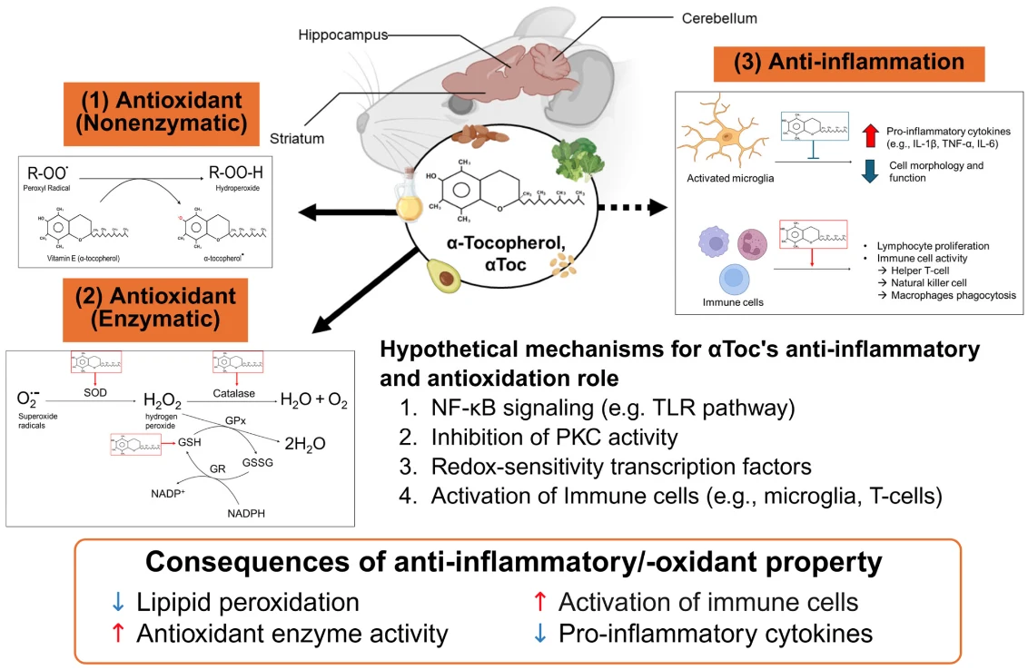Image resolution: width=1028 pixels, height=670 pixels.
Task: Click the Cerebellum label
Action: pyautogui.click(x=719, y=18)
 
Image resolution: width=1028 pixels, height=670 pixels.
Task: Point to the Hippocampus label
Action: pyautogui.click(x=343, y=35)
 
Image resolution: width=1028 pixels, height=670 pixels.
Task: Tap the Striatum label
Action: pyautogui.click(x=297, y=139)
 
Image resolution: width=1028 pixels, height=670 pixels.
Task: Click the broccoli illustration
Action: pyautogui.click(x=574, y=162)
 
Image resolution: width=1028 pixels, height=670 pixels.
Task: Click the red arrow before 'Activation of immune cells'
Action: pyautogui.click(x=539, y=602)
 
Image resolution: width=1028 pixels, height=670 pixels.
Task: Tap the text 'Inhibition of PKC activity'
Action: pyautogui.click(x=554, y=438)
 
